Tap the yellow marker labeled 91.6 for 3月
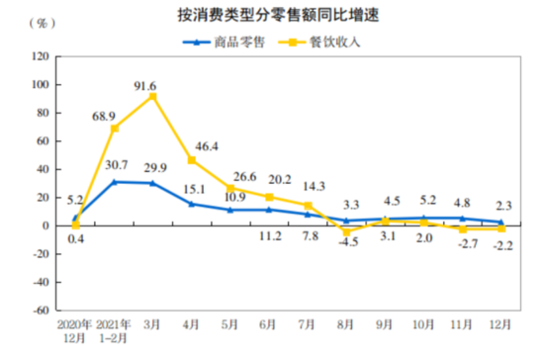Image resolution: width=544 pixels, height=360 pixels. (x=152, y=96)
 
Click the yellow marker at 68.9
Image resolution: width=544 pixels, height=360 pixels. (x=115, y=129)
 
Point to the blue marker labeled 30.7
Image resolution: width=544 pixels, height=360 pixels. (x=115, y=182)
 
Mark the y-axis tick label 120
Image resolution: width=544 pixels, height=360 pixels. (x=40, y=56)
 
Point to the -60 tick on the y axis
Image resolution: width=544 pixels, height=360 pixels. (x=40, y=310)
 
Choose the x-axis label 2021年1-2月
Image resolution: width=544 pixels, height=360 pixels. (x=115, y=330)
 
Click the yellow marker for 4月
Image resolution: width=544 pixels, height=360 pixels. (x=192, y=160)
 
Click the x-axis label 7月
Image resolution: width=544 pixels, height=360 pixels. (x=308, y=323)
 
